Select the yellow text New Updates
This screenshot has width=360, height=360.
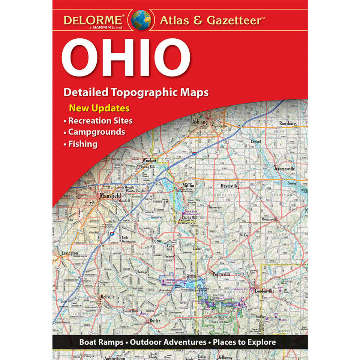[x=99, y=109]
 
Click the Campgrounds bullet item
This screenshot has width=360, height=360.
[x=96, y=132]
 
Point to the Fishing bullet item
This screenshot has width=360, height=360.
[x=82, y=144]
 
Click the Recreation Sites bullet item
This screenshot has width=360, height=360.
[x=100, y=121]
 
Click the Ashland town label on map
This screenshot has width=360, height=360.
[x=200, y=122]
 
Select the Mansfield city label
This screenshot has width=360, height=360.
[x=110, y=196]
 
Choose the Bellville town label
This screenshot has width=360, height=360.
[x=107, y=296]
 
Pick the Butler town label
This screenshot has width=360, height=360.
[x=154, y=321]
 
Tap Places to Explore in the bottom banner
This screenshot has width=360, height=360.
[x=244, y=342]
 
